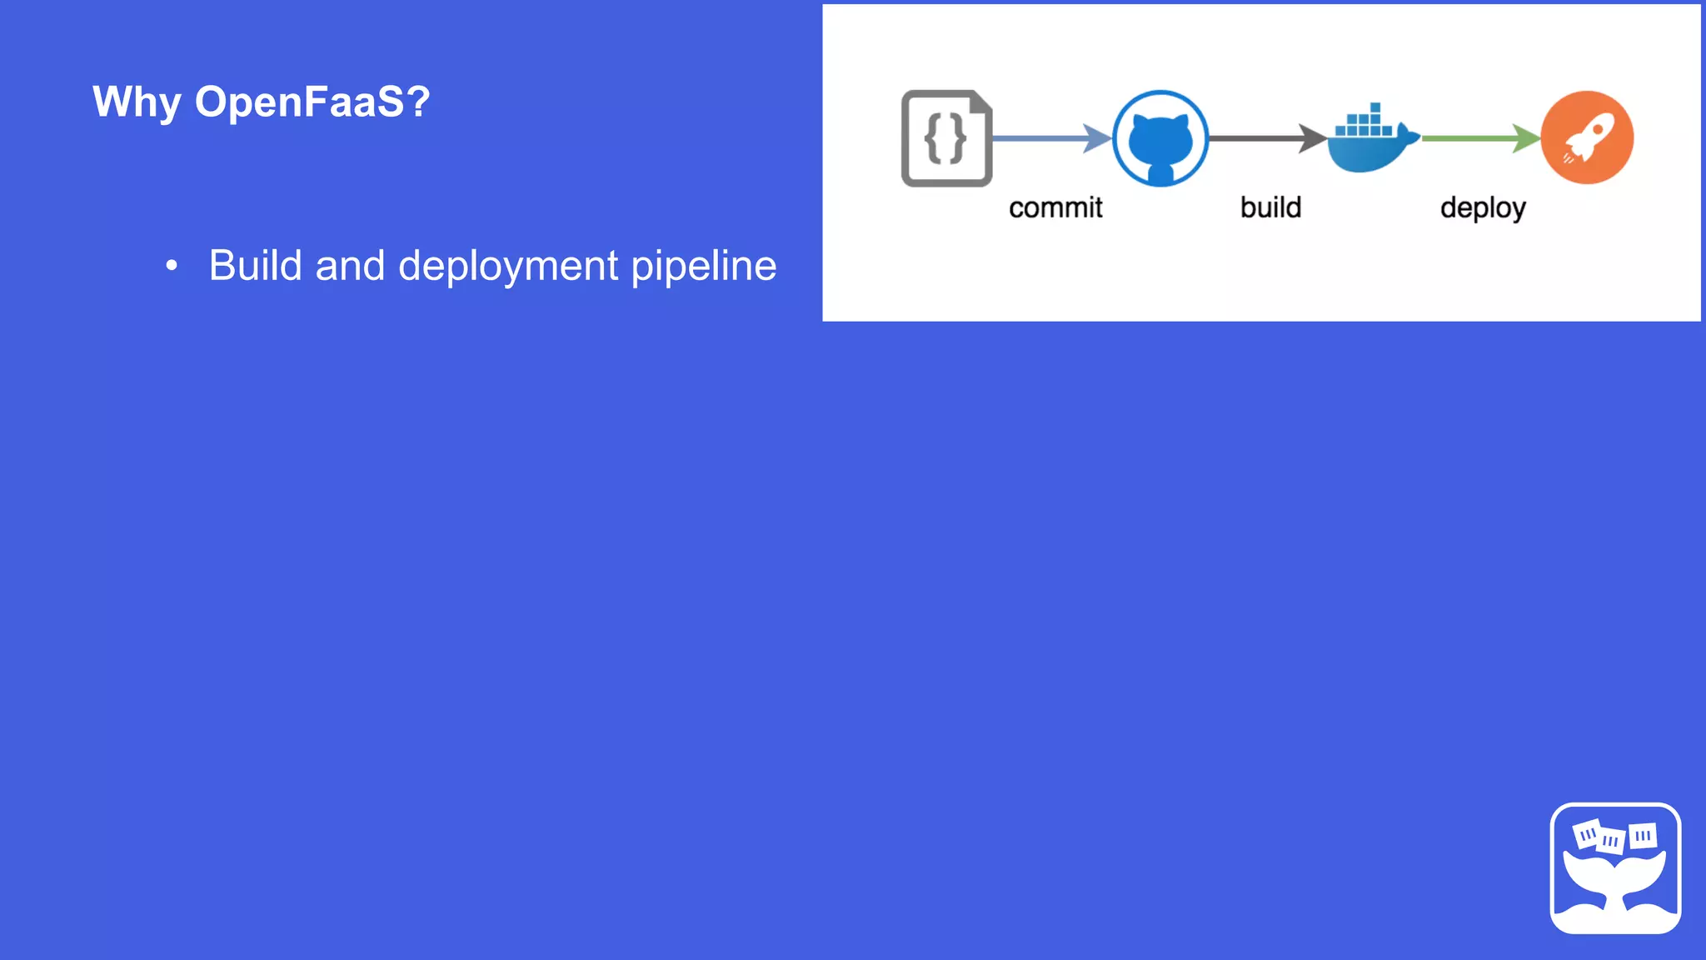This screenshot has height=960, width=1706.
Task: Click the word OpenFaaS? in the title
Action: [312, 102]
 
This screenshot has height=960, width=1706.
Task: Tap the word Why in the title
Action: [137, 102]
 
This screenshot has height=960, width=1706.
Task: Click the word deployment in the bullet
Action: [508, 266]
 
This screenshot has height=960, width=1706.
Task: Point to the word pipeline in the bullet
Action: [704, 266]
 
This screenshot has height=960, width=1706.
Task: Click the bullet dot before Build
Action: [172, 266]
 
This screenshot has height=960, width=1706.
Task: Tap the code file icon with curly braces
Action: [946, 138]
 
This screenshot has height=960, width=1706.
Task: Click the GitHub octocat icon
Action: [1160, 139]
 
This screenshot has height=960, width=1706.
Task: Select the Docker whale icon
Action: [1371, 142]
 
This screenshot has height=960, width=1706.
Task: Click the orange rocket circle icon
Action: [1587, 137]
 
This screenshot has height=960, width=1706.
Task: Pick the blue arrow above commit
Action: [1052, 138]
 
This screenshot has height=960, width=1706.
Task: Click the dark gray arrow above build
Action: [1267, 138]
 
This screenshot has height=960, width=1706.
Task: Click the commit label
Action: [1055, 207]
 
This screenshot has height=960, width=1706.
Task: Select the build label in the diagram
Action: [1270, 207]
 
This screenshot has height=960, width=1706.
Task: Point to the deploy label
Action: [1483, 208]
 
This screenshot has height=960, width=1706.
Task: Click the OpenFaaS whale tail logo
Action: [1615, 868]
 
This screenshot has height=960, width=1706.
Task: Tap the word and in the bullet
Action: [350, 266]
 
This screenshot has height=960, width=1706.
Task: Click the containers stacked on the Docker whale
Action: [1364, 122]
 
